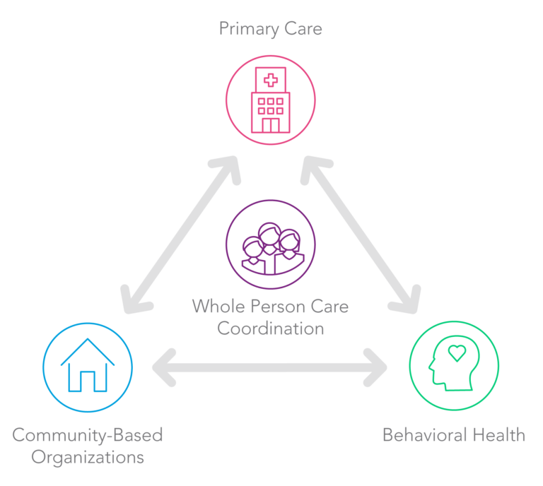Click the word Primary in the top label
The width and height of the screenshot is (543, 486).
click(249, 29)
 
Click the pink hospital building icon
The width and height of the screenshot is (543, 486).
click(271, 100)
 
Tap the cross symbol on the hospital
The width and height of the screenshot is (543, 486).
click(271, 81)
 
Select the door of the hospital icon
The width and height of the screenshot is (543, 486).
click(271, 125)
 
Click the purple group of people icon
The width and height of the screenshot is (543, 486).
click(272, 249)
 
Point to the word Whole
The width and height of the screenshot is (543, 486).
click(218, 306)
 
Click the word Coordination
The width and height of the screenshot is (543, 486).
click(271, 328)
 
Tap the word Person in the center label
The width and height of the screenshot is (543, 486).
click(278, 306)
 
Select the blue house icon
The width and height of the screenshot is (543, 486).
click(88, 365)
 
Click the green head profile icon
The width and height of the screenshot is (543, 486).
click(454, 363)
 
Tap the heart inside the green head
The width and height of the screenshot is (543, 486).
click(457, 352)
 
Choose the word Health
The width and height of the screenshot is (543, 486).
click(499, 435)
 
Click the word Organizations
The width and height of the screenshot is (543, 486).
click(88, 457)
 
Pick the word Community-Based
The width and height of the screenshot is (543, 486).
click(88, 435)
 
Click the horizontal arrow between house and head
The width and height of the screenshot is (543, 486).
click(270, 367)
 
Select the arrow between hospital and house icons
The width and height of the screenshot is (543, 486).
click(180, 235)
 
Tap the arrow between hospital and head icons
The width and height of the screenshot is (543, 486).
click(361, 235)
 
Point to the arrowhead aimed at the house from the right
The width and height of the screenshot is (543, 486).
click(164, 367)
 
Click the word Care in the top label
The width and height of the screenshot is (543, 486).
click(303, 29)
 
